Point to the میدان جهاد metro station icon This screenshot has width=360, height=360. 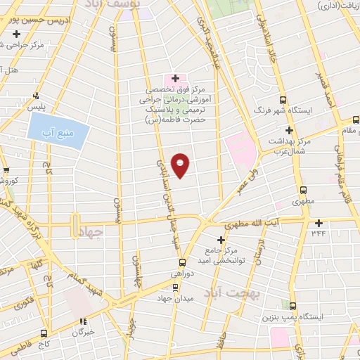tap(176, 286)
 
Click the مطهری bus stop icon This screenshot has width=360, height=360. tap(303, 191)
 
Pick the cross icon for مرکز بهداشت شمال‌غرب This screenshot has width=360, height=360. tap(289, 131)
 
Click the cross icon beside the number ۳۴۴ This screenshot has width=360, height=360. tap(319, 223)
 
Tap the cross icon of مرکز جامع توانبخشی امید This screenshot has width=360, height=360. tap(221, 240)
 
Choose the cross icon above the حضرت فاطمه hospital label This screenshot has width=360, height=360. tap(175, 77)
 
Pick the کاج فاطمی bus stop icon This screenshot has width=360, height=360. tap(44, 333)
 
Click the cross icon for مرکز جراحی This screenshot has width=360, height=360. tap(17, 34)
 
